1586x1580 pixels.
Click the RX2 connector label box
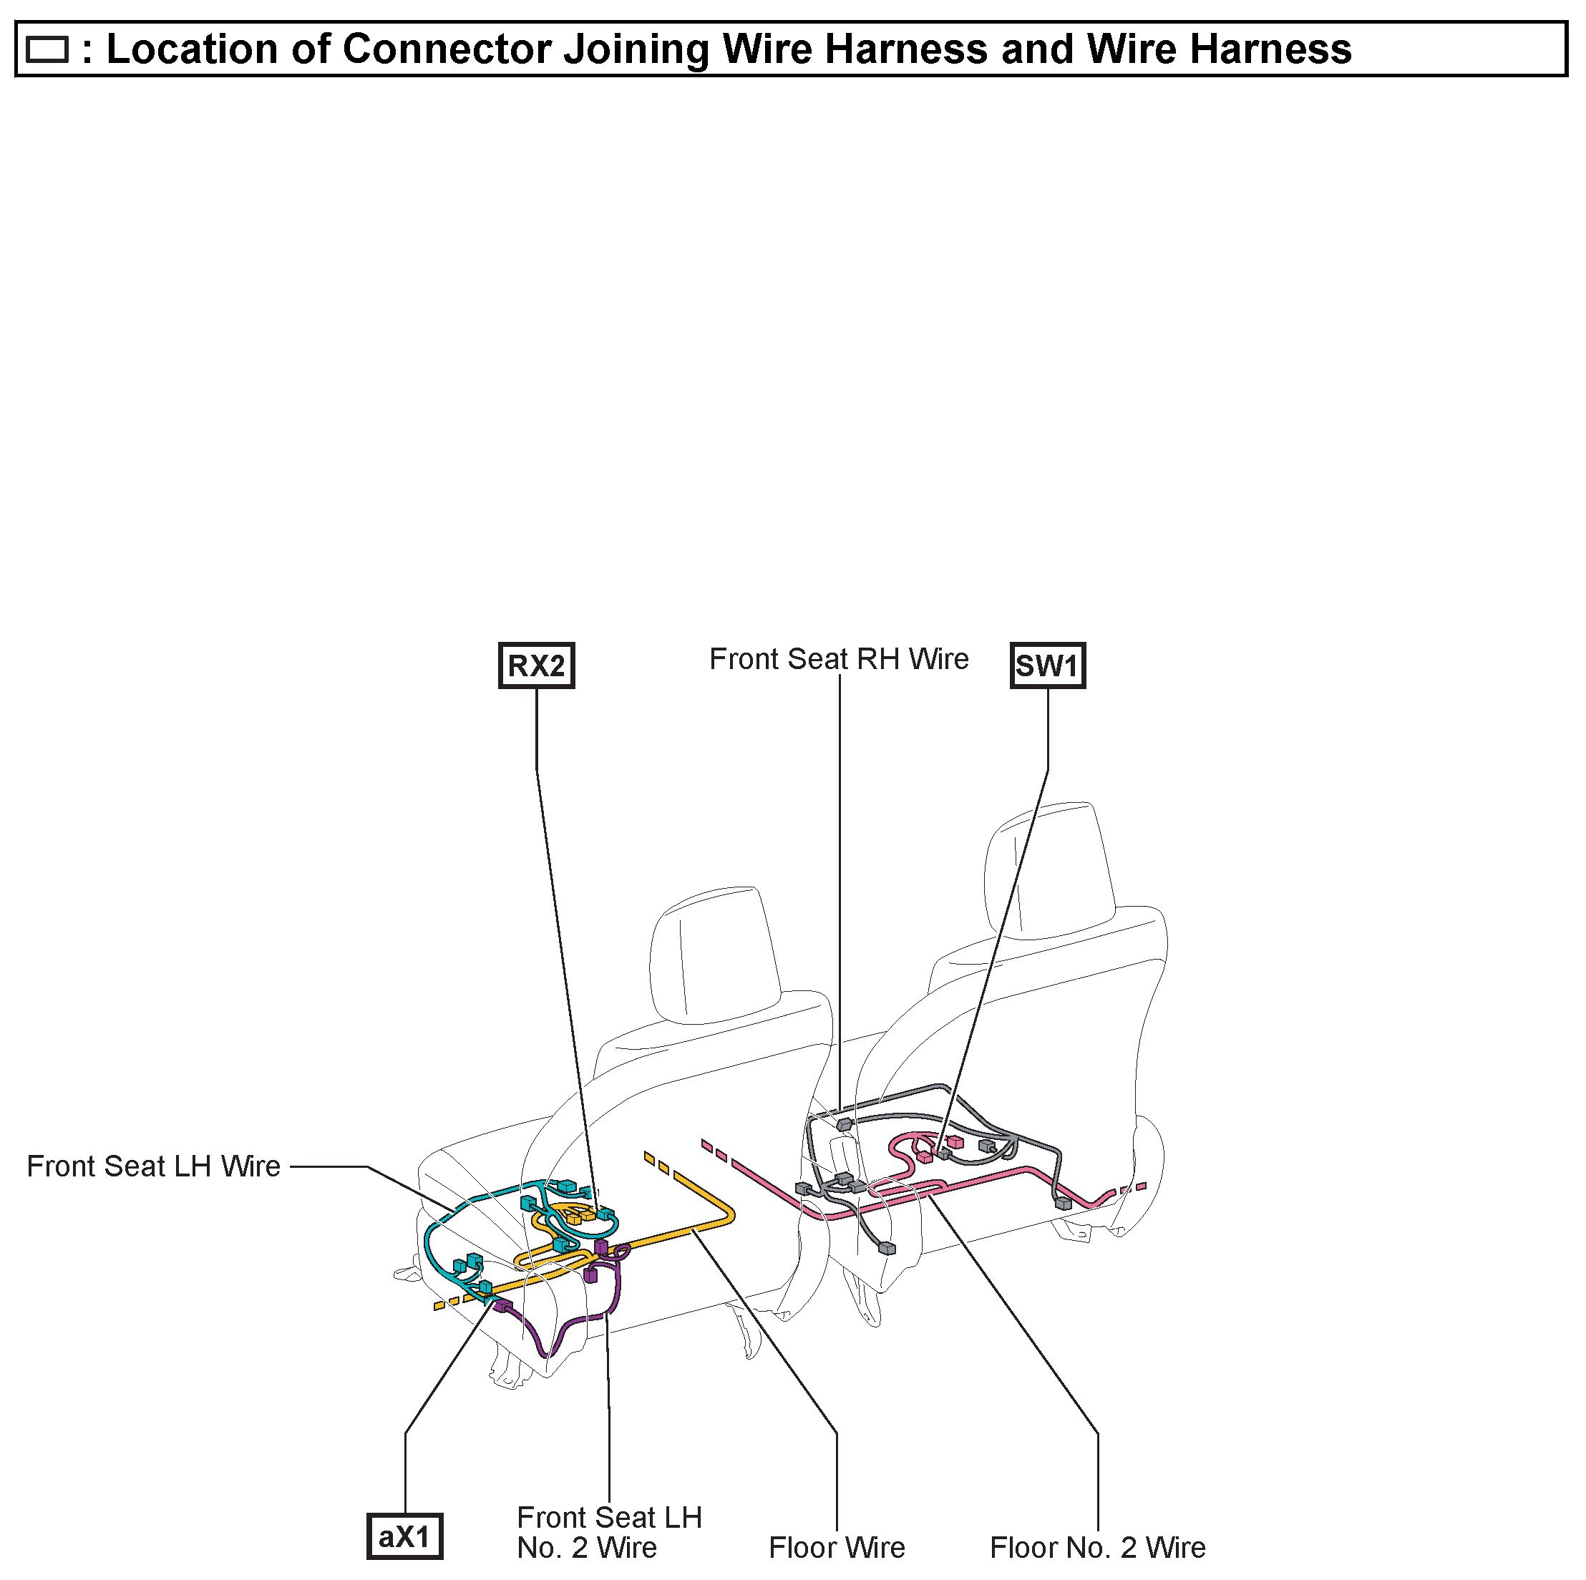[x=536, y=665]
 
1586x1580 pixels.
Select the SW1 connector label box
[x=1046, y=665]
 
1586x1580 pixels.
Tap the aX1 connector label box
[x=404, y=1536]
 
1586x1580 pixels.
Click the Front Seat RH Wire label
[x=838, y=659]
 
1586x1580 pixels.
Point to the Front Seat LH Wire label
[x=153, y=1166]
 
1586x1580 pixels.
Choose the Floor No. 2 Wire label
[x=1098, y=1547]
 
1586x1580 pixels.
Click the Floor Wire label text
[x=837, y=1547]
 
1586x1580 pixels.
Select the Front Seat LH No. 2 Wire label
[x=609, y=1531]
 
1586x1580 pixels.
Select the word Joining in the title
[x=636, y=49]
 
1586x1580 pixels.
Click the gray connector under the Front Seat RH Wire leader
[x=844, y=1124]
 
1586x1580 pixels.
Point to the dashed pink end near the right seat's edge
[x=1133, y=1188]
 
